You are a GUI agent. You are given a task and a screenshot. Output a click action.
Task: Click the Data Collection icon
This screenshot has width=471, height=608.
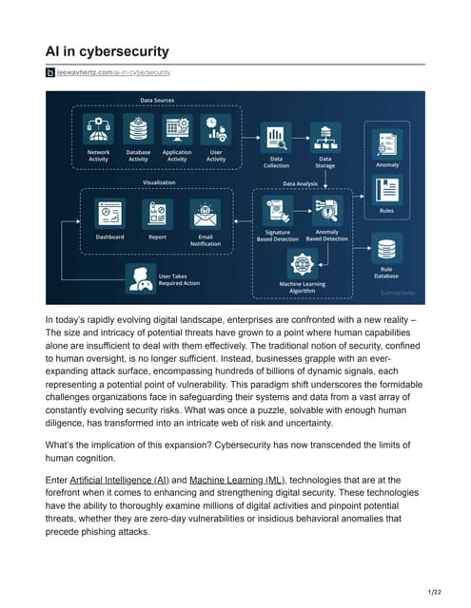[277, 136]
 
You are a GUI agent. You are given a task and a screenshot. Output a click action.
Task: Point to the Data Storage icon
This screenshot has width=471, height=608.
[324, 136]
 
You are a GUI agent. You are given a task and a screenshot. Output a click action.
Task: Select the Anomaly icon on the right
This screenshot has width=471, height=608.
[387, 143]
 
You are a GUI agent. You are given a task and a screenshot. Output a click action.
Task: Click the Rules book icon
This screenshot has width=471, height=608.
[387, 189]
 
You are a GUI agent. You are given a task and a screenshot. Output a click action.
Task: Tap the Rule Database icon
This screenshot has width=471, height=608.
[386, 249]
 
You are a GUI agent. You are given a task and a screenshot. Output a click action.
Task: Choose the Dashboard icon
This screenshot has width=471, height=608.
[109, 214]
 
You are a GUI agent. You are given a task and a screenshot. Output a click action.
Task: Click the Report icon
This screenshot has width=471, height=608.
[157, 214]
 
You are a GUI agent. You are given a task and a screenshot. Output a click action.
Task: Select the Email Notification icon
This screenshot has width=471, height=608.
[205, 214]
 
